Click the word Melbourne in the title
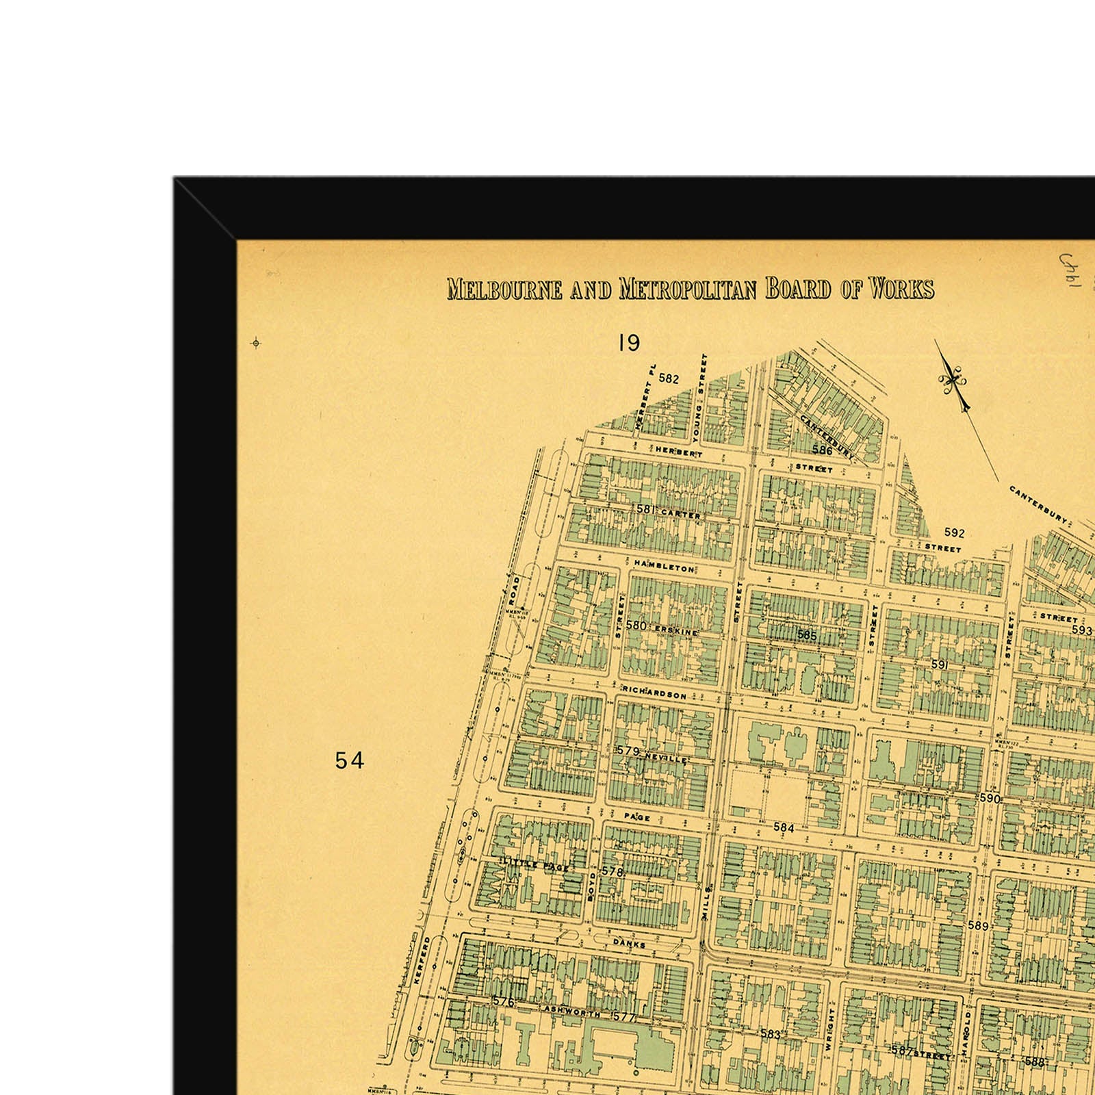(x=504, y=289)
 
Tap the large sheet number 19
(x=628, y=342)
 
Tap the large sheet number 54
(x=350, y=760)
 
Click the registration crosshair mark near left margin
(x=256, y=343)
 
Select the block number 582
(x=668, y=378)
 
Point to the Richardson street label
(x=654, y=694)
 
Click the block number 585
(x=807, y=635)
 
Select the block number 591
(x=938, y=664)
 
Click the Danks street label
(x=629, y=944)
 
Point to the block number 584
(x=784, y=827)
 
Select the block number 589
(x=979, y=925)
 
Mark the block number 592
(x=954, y=532)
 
